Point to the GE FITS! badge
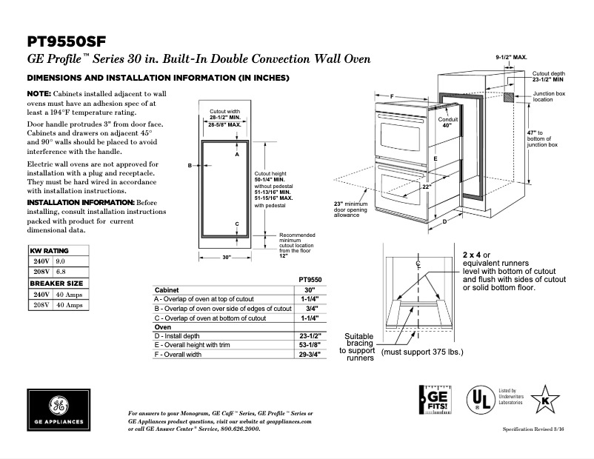(x=434, y=403)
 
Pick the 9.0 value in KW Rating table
(x=61, y=261)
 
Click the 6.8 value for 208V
(x=61, y=272)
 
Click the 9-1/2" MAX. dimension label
(x=511, y=57)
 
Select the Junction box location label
(x=550, y=96)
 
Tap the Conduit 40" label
(x=448, y=122)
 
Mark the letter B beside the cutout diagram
(x=190, y=165)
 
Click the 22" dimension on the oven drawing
(x=427, y=187)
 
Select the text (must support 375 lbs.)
(x=422, y=352)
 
